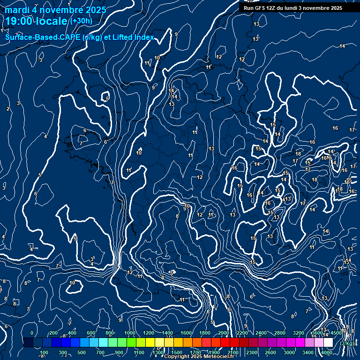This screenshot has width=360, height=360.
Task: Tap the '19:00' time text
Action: pyautogui.click(x=20, y=21)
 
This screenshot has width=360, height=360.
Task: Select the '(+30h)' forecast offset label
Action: pyautogui.click(x=81, y=21)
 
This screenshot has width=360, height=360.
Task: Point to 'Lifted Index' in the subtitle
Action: pyautogui.click(x=132, y=37)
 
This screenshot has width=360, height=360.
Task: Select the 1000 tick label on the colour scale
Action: pyautogui.click(x=129, y=333)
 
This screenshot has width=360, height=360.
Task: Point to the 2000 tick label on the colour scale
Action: pyautogui.click(x=224, y=333)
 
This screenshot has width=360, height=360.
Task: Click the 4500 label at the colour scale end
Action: pyautogui.click(x=336, y=333)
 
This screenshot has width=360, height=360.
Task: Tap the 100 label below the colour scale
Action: pyautogui.click(x=45, y=352)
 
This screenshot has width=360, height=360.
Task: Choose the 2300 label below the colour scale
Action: pyautogui.click(x=252, y=352)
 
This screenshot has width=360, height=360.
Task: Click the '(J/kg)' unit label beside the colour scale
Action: pyautogui.click(x=347, y=343)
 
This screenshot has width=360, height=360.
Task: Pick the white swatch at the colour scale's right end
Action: pyautogui.click(x=328, y=343)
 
